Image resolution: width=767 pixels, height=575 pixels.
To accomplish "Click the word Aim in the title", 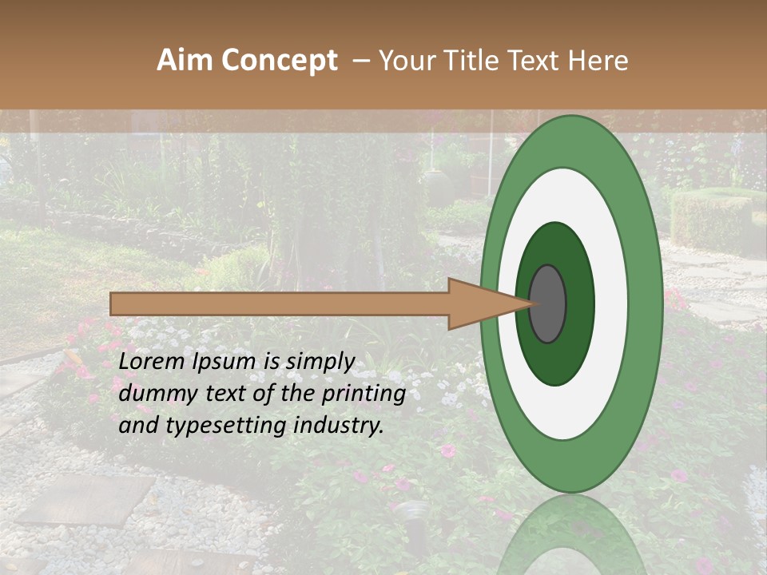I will tap(185, 61).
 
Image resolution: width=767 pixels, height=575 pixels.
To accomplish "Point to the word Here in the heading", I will tap(598, 61).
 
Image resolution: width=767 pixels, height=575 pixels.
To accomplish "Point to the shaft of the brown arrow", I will tap(280, 303).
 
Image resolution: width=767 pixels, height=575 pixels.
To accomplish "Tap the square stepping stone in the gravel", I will tap(84, 501).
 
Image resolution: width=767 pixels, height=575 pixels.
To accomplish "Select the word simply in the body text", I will tap(320, 363).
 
